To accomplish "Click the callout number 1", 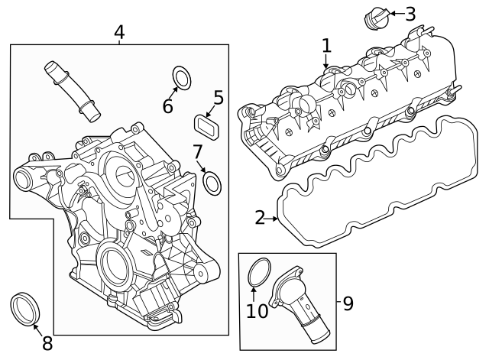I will coord(326,46).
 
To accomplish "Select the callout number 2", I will coord(261,219).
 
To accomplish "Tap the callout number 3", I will coord(410,13).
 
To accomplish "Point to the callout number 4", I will coord(118,32).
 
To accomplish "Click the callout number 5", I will coord(219,98).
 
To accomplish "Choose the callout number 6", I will coord(167,106).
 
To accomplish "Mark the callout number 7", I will coord(197,151).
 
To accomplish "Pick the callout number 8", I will coord(47,343).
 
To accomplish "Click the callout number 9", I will coord(347,303).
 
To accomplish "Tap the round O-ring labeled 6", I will coord(182,77).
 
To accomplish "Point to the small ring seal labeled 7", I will coord(213,182).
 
